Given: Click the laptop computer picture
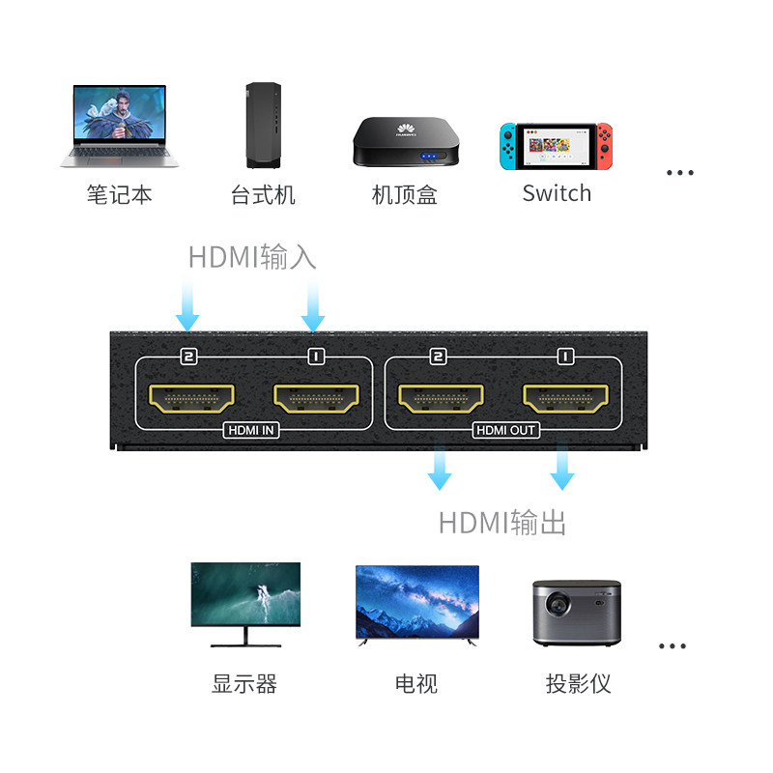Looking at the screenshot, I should (x=118, y=126).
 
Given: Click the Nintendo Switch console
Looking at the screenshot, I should (x=556, y=147).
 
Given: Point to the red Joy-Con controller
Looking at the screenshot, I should (x=603, y=147).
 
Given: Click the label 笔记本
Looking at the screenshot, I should (x=119, y=194).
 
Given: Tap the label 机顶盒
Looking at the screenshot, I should (x=405, y=195).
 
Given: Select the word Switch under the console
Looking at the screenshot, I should (x=557, y=193).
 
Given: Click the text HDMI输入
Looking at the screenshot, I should (x=252, y=258).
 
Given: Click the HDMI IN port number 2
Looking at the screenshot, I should (x=191, y=397).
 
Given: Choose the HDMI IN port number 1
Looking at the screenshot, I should (x=316, y=397).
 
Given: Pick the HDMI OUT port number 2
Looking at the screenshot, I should (x=441, y=397).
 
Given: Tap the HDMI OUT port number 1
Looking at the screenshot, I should (x=565, y=397).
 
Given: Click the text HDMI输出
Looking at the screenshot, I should (x=501, y=523).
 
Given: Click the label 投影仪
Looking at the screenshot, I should (x=578, y=684).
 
